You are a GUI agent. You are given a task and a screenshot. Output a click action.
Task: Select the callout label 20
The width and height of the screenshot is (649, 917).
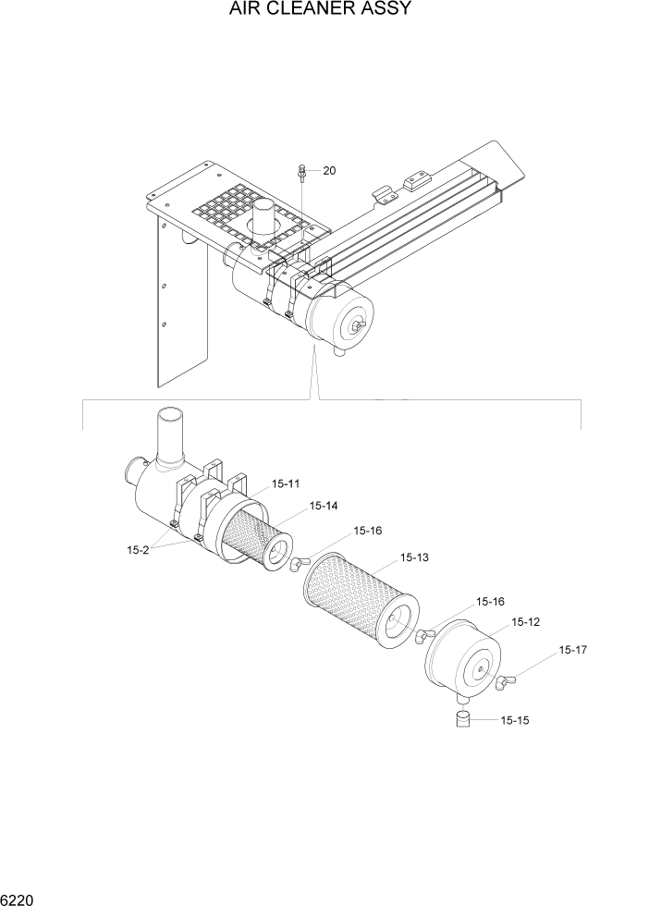(329, 170)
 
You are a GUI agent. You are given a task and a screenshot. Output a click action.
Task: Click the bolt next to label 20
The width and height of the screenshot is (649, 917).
(303, 171)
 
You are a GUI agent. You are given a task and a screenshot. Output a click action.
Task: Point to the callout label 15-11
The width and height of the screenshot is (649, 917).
(286, 483)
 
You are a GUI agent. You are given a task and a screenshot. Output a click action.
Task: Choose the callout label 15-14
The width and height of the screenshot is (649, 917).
(324, 506)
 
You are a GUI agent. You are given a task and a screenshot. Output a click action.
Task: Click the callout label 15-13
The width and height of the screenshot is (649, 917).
(414, 558)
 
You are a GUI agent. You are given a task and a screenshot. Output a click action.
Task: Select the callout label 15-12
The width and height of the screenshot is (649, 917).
(525, 622)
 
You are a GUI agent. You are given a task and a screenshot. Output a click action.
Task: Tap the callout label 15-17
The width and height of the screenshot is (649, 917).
(572, 651)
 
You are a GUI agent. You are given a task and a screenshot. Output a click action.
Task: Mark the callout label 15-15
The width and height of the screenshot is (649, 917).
(515, 719)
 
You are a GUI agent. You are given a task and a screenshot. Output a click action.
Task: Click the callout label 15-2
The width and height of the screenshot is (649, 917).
(138, 550)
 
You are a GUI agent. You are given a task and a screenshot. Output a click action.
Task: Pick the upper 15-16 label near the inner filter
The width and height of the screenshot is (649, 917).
(368, 531)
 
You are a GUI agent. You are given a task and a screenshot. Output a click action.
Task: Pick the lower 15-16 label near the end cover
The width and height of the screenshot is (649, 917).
(490, 602)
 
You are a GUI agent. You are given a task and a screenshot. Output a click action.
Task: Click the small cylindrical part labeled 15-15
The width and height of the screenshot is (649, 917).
(465, 719)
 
